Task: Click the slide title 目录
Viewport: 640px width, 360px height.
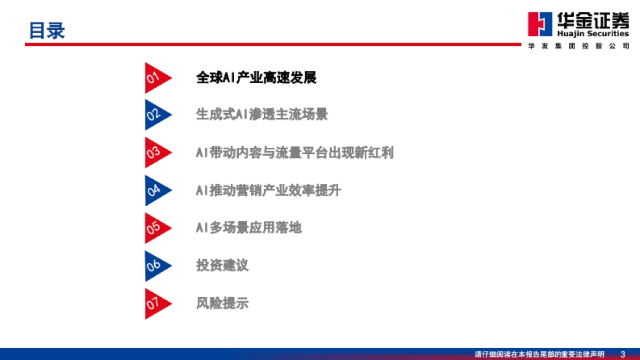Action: [46, 30]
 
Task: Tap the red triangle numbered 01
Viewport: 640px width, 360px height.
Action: [155, 78]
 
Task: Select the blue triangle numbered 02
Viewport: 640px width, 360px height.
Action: [155, 115]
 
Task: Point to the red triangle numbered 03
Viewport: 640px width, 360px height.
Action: [155, 153]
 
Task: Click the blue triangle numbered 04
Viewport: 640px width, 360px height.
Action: [155, 190]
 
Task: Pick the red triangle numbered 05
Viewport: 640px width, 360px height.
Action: [155, 228]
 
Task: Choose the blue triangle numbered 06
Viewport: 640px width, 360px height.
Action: [155, 266]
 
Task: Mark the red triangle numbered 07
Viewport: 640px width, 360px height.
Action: [155, 303]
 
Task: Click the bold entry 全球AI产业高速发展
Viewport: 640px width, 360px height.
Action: [256, 78]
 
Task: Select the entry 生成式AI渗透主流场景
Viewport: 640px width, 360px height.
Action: [262, 115]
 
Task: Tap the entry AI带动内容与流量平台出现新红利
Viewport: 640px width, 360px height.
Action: [294, 153]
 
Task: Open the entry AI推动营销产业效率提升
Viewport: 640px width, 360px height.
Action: [268, 190]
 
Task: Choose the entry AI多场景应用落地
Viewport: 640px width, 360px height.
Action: [249, 228]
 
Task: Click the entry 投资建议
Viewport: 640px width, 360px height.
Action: [222, 266]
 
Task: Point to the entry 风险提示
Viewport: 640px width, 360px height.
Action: [222, 303]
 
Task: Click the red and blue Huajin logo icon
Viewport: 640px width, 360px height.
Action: [539, 24]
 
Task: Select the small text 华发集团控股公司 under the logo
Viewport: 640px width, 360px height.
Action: [578, 46]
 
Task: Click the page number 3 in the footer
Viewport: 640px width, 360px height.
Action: [623, 354]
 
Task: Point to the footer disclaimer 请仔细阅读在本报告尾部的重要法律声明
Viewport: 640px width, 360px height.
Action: [539, 354]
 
